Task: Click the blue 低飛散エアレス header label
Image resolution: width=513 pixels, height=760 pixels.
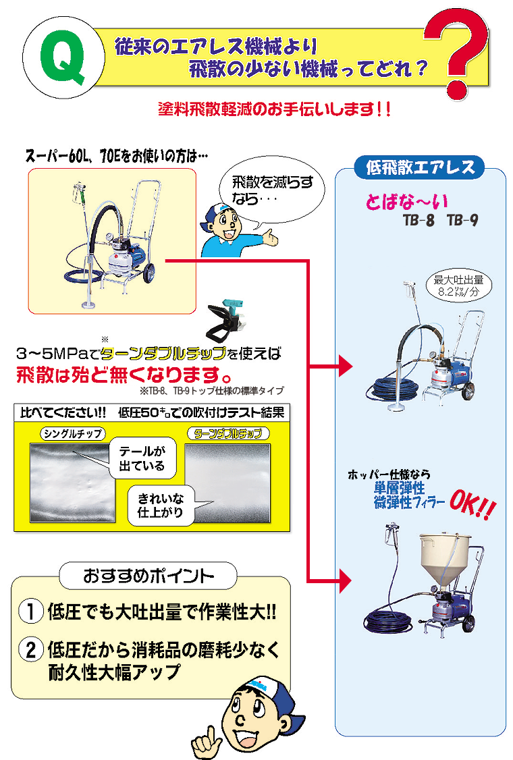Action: coord(420,167)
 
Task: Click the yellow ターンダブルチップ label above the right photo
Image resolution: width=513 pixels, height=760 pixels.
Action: coord(227,433)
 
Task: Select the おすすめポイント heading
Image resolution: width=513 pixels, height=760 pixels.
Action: coord(148,576)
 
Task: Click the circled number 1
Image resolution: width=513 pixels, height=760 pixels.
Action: coord(31,613)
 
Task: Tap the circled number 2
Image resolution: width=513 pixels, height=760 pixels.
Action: coord(31,650)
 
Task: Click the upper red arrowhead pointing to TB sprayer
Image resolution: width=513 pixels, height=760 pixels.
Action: coord(346,367)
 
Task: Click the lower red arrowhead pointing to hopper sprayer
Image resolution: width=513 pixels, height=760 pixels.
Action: coord(346,579)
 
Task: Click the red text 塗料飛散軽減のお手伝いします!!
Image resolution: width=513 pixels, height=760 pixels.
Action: coord(273,109)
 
